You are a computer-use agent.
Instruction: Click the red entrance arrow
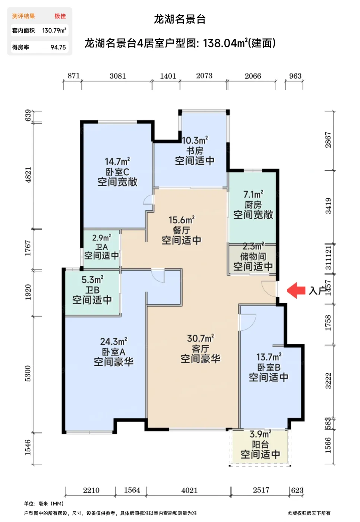click(x=296, y=290)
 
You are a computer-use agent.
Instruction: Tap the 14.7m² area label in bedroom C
click(x=117, y=161)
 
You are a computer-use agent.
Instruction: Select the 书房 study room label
click(x=195, y=151)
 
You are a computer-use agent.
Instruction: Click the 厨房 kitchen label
click(x=253, y=205)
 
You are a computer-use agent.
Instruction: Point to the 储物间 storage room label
click(x=253, y=257)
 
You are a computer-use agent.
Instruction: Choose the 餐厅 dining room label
click(x=181, y=230)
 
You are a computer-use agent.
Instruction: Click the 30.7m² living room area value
click(x=200, y=338)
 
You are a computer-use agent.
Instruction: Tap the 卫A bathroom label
click(x=101, y=247)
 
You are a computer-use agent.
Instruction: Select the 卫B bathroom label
click(x=92, y=290)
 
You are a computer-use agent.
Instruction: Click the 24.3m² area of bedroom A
click(x=113, y=341)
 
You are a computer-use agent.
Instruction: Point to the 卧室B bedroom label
click(x=268, y=367)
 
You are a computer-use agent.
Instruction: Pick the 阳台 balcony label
click(x=260, y=444)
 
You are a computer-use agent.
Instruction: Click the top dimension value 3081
click(x=117, y=76)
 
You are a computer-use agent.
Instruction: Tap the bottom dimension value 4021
click(x=189, y=490)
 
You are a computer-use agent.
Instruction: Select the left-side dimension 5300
click(x=28, y=373)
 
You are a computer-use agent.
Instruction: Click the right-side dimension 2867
click(x=328, y=140)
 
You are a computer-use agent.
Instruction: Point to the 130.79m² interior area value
click(x=54, y=31)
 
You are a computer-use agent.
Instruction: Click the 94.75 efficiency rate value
click(x=58, y=47)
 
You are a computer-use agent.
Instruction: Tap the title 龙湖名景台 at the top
click(x=180, y=19)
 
